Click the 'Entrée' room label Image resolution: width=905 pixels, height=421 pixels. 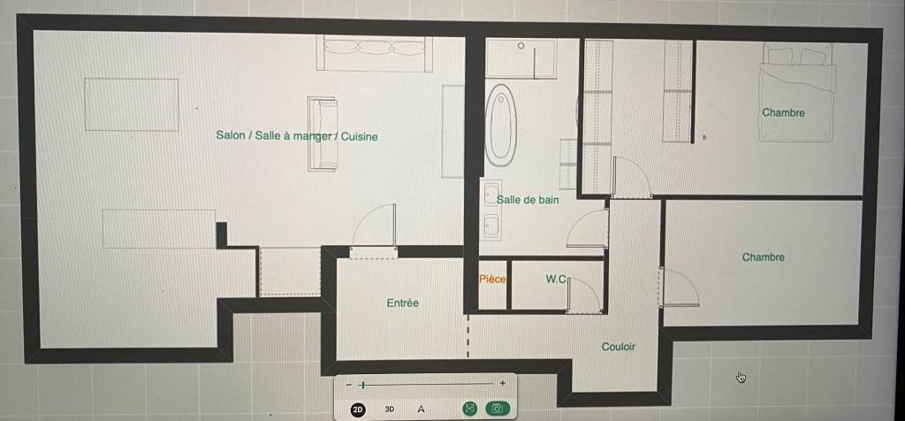click(x=403, y=302)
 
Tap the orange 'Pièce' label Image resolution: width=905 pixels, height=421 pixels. click(x=492, y=279)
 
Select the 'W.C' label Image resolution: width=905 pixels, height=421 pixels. click(x=557, y=279)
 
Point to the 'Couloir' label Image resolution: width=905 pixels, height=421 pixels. click(x=618, y=347)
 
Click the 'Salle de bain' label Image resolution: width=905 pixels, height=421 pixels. click(x=529, y=200)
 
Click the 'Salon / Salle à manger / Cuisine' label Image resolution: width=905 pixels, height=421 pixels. click(x=297, y=136)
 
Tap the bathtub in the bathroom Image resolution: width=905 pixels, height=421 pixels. click(x=500, y=126)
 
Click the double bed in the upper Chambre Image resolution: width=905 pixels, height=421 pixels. click(x=798, y=92)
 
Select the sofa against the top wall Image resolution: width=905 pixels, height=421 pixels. click(x=375, y=53)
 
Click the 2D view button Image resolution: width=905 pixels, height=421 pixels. click(x=358, y=410)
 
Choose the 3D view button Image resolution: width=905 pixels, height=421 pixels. click(x=390, y=410)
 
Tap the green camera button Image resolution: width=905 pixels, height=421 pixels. click(x=497, y=409)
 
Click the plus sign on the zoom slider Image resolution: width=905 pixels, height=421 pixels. click(x=503, y=383)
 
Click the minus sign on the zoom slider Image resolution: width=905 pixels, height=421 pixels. click(x=348, y=385)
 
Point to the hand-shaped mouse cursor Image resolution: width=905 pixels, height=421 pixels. click(x=741, y=378)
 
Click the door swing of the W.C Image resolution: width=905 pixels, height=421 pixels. click(x=584, y=295)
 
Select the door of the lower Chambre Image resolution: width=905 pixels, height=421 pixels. click(x=679, y=287)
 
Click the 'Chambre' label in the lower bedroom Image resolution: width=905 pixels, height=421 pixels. click(x=763, y=257)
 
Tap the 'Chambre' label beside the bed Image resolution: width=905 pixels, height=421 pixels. click(x=783, y=112)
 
